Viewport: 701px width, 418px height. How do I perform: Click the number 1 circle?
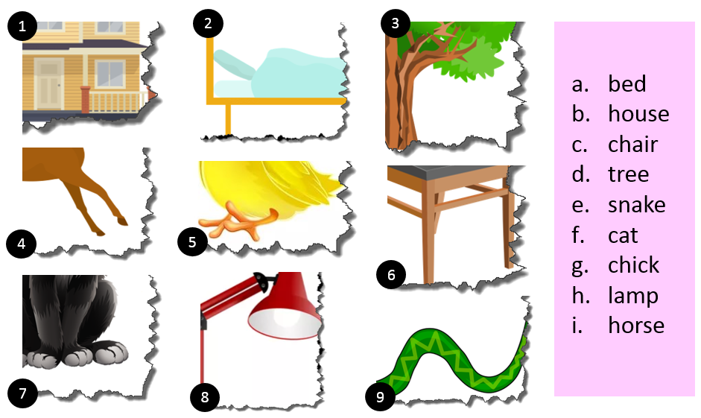22,26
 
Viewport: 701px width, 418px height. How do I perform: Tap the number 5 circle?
192,242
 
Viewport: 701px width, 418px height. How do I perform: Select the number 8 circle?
205,396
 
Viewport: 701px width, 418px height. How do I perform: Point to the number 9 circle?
381,396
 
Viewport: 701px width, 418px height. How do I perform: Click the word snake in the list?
637,205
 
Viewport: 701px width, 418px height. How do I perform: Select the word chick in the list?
633,265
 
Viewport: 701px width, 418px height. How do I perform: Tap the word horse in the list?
636,325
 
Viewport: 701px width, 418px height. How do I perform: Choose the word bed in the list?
627,83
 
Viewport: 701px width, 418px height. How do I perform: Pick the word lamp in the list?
633,296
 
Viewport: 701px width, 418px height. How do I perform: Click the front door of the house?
48,84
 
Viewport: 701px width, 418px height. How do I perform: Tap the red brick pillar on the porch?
86,100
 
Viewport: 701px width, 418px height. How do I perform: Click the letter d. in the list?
580,174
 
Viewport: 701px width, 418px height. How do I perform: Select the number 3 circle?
396,23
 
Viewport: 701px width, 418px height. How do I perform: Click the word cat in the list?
623,235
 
